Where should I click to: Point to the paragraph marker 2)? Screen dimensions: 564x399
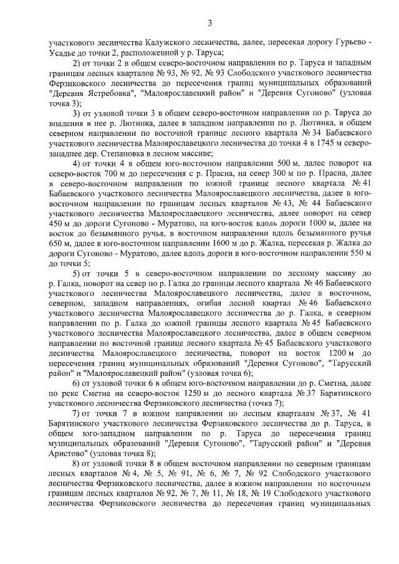click(x=77, y=64)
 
